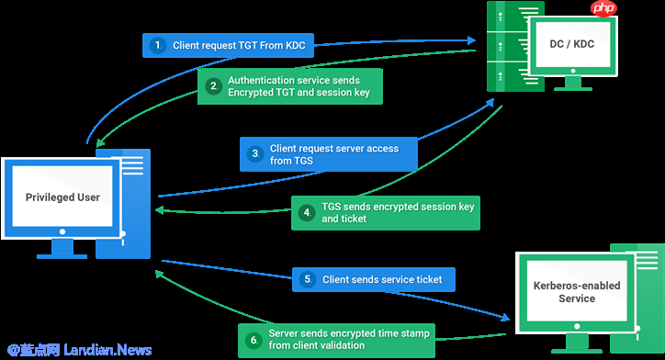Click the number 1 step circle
(x=158, y=45)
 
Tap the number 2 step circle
(x=214, y=86)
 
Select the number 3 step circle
(x=255, y=153)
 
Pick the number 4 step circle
(x=307, y=212)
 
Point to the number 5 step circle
(x=308, y=279)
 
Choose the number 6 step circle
(x=254, y=340)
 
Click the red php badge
(x=603, y=8)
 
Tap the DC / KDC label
(x=571, y=44)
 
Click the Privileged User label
(x=62, y=197)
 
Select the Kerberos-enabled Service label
(x=577, y=292)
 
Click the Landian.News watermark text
(x=107, y=350)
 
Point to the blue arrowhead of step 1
(x=471, y=40)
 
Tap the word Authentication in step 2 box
(x=258, y=80)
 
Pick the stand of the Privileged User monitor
(x=62, y=249)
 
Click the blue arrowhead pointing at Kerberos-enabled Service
(x=504, y=317)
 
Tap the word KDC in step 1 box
(x=294, y=45)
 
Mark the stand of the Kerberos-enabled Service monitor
(x=577, y=343)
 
